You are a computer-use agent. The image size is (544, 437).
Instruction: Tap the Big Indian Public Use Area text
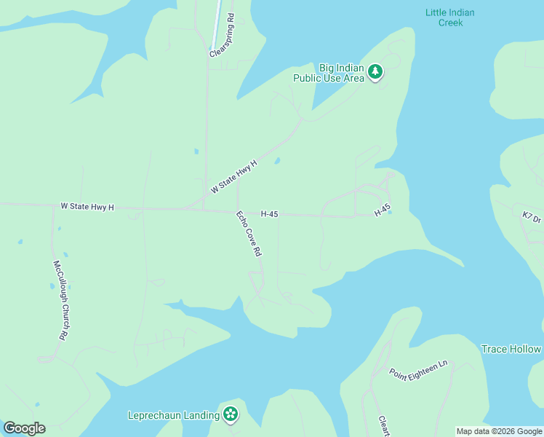(x=328, y=73)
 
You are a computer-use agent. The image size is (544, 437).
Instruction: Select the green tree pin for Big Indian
(x=375, y=71)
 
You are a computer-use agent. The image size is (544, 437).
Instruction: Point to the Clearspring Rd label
(x=221, y=36)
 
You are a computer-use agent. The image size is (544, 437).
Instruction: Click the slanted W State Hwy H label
(x=234, y=176)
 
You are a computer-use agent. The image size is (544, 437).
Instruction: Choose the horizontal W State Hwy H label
(x=87, y=207)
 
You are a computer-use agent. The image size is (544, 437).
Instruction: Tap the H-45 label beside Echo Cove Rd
(x=269, y=214)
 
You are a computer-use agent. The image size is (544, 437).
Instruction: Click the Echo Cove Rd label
(x=248, y=233)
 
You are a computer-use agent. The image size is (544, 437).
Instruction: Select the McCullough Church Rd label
(x=60, y=300)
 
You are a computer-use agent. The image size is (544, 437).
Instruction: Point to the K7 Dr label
(x=532, y=217)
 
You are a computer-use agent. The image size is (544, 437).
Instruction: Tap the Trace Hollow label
(x=511, y=350)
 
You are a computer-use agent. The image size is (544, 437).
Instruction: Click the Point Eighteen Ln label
(x=419, y=369)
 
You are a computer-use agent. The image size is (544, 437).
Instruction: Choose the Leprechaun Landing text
(x=174, y=415)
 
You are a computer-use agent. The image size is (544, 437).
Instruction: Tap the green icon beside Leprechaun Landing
(x=231, y=414)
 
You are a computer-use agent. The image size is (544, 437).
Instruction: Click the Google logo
(x=24, y=428)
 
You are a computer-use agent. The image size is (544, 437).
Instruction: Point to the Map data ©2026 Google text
(x=500, y=432)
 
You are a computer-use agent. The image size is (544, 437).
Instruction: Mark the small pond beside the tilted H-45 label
(x=391, y=212)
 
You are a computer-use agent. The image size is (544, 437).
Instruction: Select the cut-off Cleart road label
(x=383, y=426)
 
